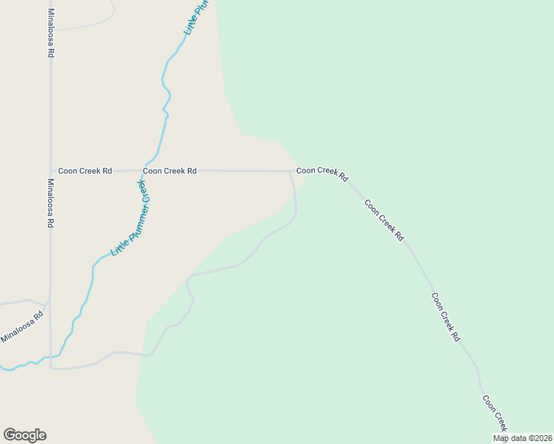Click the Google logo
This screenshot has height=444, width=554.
point(24,435)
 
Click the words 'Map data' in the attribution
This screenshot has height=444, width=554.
point(509,438)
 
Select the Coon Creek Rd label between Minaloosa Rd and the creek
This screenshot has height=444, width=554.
point(84,171)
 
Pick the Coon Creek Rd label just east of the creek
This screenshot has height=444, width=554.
point(170,171)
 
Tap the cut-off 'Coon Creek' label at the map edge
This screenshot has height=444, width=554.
point(495,414)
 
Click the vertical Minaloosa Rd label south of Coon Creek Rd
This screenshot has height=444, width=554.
point(51,203)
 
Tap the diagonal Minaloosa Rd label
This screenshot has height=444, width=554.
point(22,326)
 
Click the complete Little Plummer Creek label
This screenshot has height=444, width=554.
point(131,218)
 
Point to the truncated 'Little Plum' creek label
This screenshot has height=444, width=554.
point(197,17)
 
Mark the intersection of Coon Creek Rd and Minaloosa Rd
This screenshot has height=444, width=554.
point(51,171)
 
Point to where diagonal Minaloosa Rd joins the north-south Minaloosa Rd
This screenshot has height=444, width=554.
point(49,303)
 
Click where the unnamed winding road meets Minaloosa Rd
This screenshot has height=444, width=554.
point(51,368)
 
